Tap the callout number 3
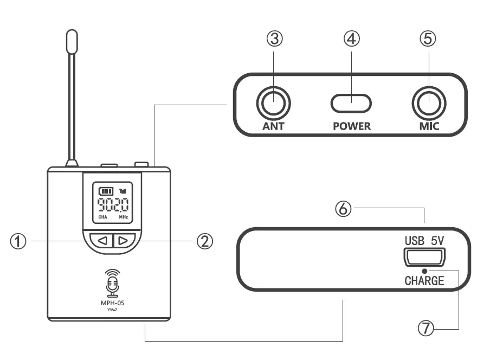coord(274,39)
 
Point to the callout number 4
coord(352,39)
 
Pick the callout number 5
coord(428,39)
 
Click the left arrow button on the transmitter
coord(101,240)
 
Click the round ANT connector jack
coord(274,102)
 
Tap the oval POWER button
coord(352,102)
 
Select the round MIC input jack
coord(428,102)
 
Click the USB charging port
coord(424,256)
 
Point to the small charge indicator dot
coord(424,271)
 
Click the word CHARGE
coord(424,281)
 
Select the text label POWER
coord(352,126)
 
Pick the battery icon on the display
coord(105,191)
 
